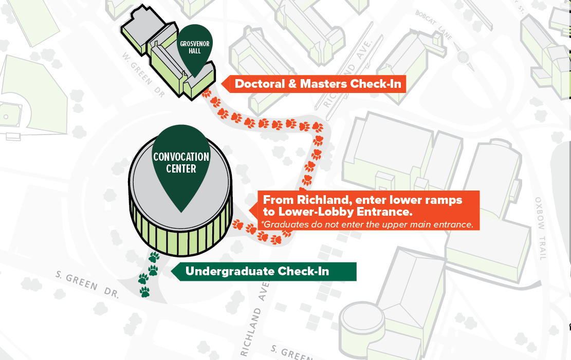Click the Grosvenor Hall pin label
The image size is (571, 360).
coord(194,48)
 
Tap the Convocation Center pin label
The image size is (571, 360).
coord(181,162)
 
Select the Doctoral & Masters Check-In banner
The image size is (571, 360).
coord(318,84)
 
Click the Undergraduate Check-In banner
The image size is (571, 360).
coord(264,271)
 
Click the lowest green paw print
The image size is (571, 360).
coord(145,292)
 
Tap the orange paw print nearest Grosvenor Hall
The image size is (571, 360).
coord(207,94)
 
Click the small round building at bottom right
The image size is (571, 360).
coord(362,319)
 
